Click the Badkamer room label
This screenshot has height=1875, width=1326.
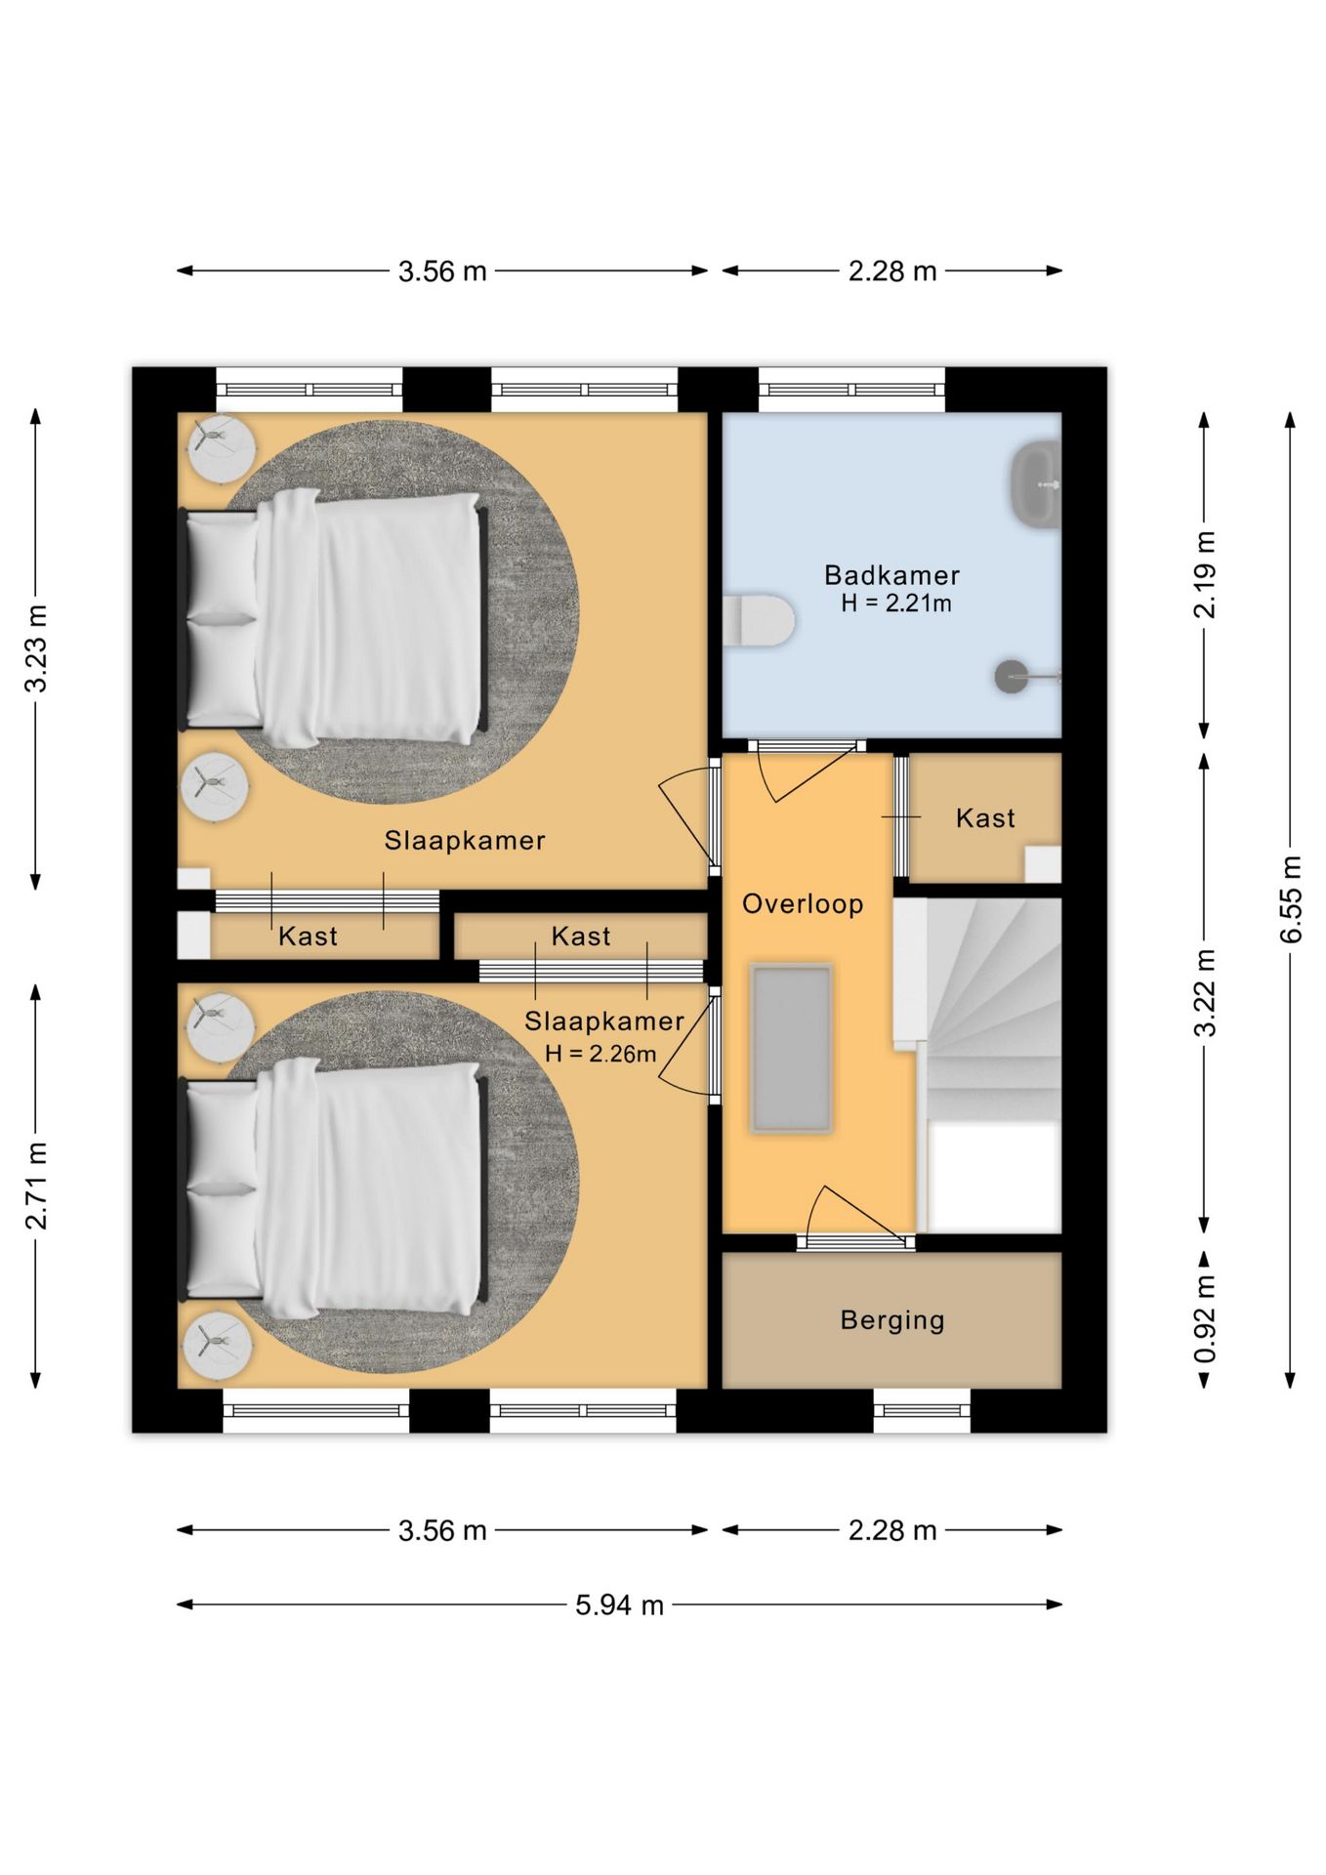(x=891, y=575)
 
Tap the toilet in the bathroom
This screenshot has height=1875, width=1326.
(x=759, y=620)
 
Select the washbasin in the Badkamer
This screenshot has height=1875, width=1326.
(x=1036, y=484)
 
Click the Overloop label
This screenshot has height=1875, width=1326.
(x=803, y=904)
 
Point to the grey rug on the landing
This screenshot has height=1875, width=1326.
(x=791, y=1048)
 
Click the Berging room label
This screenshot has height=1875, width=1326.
(x=892, y=1320)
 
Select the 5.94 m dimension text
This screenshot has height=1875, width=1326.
(x=619, y=1604)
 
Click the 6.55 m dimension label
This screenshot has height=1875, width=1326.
(x=1290, y=899)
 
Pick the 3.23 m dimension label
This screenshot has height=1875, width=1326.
(x=36, y=648)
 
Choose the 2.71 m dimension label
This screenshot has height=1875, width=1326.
(x=36, y=1186)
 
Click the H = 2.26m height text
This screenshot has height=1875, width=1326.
(x=601, y=1054)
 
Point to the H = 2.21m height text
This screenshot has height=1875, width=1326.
(x=896, y=604)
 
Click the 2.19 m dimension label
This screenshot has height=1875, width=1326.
(x=1205, y=575)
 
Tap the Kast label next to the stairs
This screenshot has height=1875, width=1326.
(x=985, y=818)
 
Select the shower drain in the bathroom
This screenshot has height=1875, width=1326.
(x=1012, y=677)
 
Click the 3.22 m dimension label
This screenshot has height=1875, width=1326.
(x=1205, y=992)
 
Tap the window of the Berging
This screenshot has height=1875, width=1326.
(x=922, y=1411)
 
